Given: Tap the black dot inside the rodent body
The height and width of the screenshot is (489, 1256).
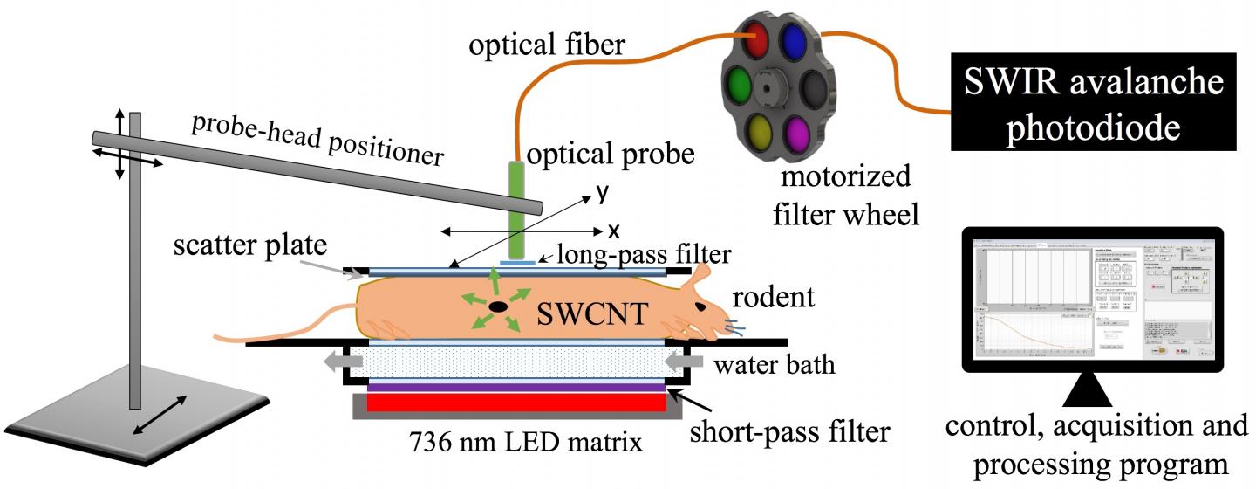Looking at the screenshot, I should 498,307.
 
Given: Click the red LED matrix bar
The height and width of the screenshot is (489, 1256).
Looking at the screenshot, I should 515,403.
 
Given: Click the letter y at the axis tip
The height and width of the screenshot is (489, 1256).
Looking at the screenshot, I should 603,194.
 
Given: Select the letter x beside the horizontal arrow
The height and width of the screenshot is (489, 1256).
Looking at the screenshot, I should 613,231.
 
